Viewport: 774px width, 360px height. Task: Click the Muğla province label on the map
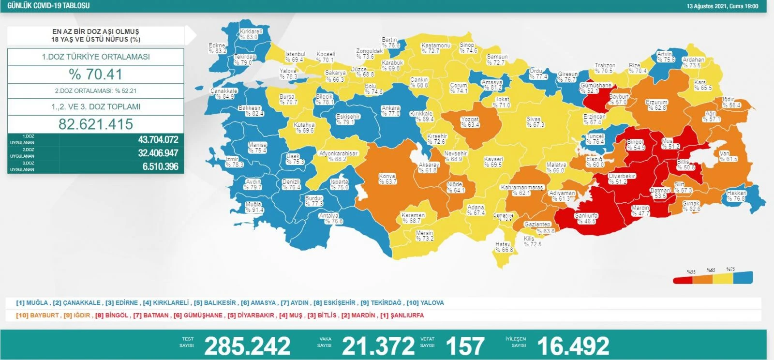(x=254, y=207)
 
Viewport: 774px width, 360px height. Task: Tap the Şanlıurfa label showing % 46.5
(x=586, y=218)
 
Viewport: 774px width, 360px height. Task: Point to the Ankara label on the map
(x=391, y=111)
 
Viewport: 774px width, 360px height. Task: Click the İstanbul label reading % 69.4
(x=295, y=57)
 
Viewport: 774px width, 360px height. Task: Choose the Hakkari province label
(x=736, y=195)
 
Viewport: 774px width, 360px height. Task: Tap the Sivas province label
(x=535, y=122)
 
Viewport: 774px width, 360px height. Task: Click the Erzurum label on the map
(x=656, y=105)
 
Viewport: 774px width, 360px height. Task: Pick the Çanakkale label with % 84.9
(x=223, y=93)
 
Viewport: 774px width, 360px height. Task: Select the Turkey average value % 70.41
(x=96, y=74)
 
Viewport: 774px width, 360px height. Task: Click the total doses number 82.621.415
(x=96, y=124)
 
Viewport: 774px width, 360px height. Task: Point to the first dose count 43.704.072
(x=158, y=140)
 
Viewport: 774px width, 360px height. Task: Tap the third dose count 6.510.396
(x=160, y=166)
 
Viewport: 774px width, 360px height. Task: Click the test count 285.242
(x=247, y=346)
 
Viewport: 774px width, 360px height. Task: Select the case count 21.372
(x=378, y=346)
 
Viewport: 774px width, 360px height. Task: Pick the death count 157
(x=465, y=346)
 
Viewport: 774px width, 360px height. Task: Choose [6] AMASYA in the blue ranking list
(x=258, y=303)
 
